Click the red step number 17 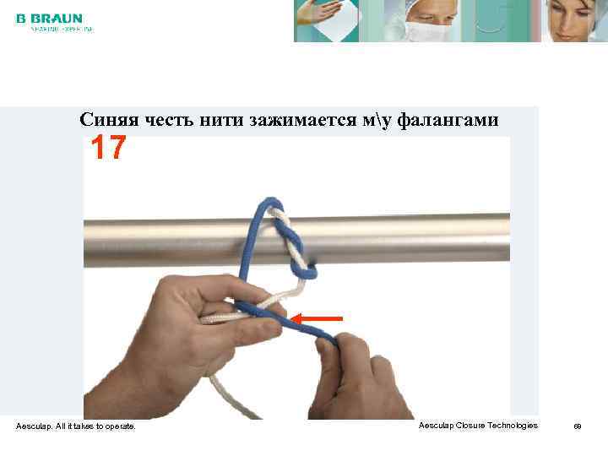pyautogui.click(x=109, y=149)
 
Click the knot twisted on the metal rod pyautogui.click(x=291, y=245)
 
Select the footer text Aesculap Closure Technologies pyautogui.click(x=477, y=426)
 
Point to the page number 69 pyautogui.click(x=578, y=426)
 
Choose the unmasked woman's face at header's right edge pyautogui.click(x=574, y=20)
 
